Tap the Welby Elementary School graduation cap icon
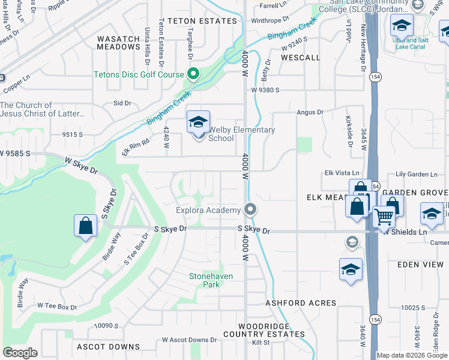(x=198, y=123)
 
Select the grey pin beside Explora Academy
(x=251, y=210)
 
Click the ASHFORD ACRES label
(x=301, y=303)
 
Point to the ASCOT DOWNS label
(x=108, y=347)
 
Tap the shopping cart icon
(x=384, y=217)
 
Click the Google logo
(x=20, y=353)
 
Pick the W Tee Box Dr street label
(x=57, y=307)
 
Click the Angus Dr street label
(x=310, y=112)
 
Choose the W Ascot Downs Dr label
(x=189, y=340)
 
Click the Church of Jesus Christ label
(x=36, y=109)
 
